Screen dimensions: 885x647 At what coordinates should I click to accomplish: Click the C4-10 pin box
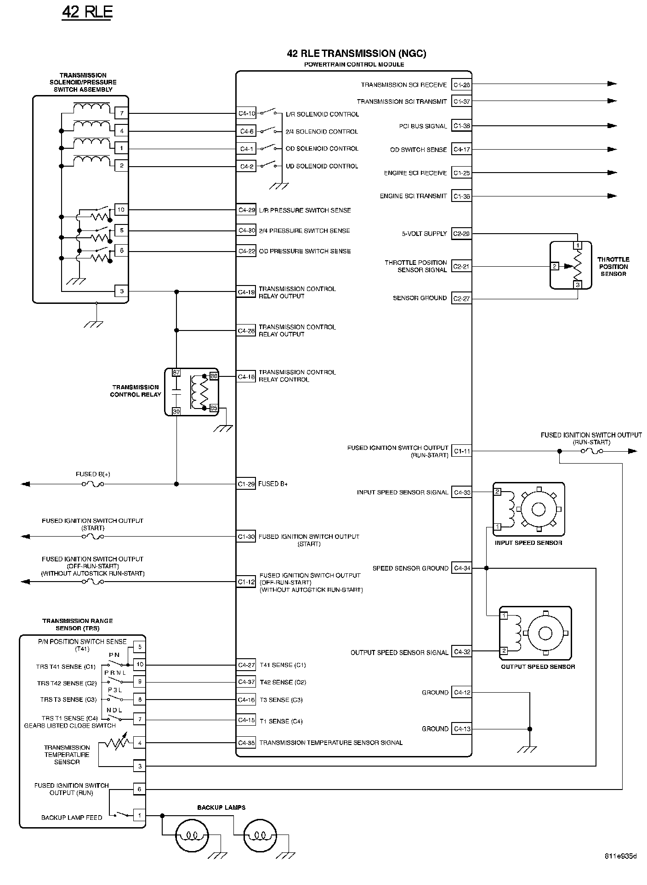tap(246, 113)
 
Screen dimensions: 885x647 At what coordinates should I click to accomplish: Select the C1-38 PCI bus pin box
tap(461, 126)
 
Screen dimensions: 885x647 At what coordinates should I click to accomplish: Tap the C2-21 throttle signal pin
tap(461, 266)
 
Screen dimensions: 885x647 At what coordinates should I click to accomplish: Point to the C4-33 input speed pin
tap(461, 493)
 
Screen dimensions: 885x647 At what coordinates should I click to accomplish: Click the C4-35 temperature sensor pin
tap(246, 742)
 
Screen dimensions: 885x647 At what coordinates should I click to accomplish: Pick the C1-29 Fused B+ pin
tap(246, 484)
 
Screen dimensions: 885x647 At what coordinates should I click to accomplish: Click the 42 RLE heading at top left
tap(87, 12)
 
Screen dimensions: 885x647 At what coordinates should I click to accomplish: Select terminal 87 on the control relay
tap(176, 373)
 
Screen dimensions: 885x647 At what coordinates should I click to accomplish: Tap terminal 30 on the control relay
tap(176, 412)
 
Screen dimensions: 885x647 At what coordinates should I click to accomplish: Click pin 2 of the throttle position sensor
tap(555, 266)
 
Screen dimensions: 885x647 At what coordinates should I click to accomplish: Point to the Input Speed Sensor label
tap(528, 543)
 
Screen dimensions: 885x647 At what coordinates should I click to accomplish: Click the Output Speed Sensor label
tap(538, 667)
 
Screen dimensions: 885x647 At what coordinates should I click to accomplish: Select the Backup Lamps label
tap(221, 807)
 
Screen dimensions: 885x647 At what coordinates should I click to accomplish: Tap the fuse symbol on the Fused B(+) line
tap(93, 484)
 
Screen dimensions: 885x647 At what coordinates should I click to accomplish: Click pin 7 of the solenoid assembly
tap(121, 113)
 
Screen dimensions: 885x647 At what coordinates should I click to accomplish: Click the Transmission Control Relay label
tap(136, 391)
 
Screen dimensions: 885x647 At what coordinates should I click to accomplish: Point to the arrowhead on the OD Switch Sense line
tap(612, 149)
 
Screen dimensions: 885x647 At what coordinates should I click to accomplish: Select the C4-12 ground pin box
tap(461, 693)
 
